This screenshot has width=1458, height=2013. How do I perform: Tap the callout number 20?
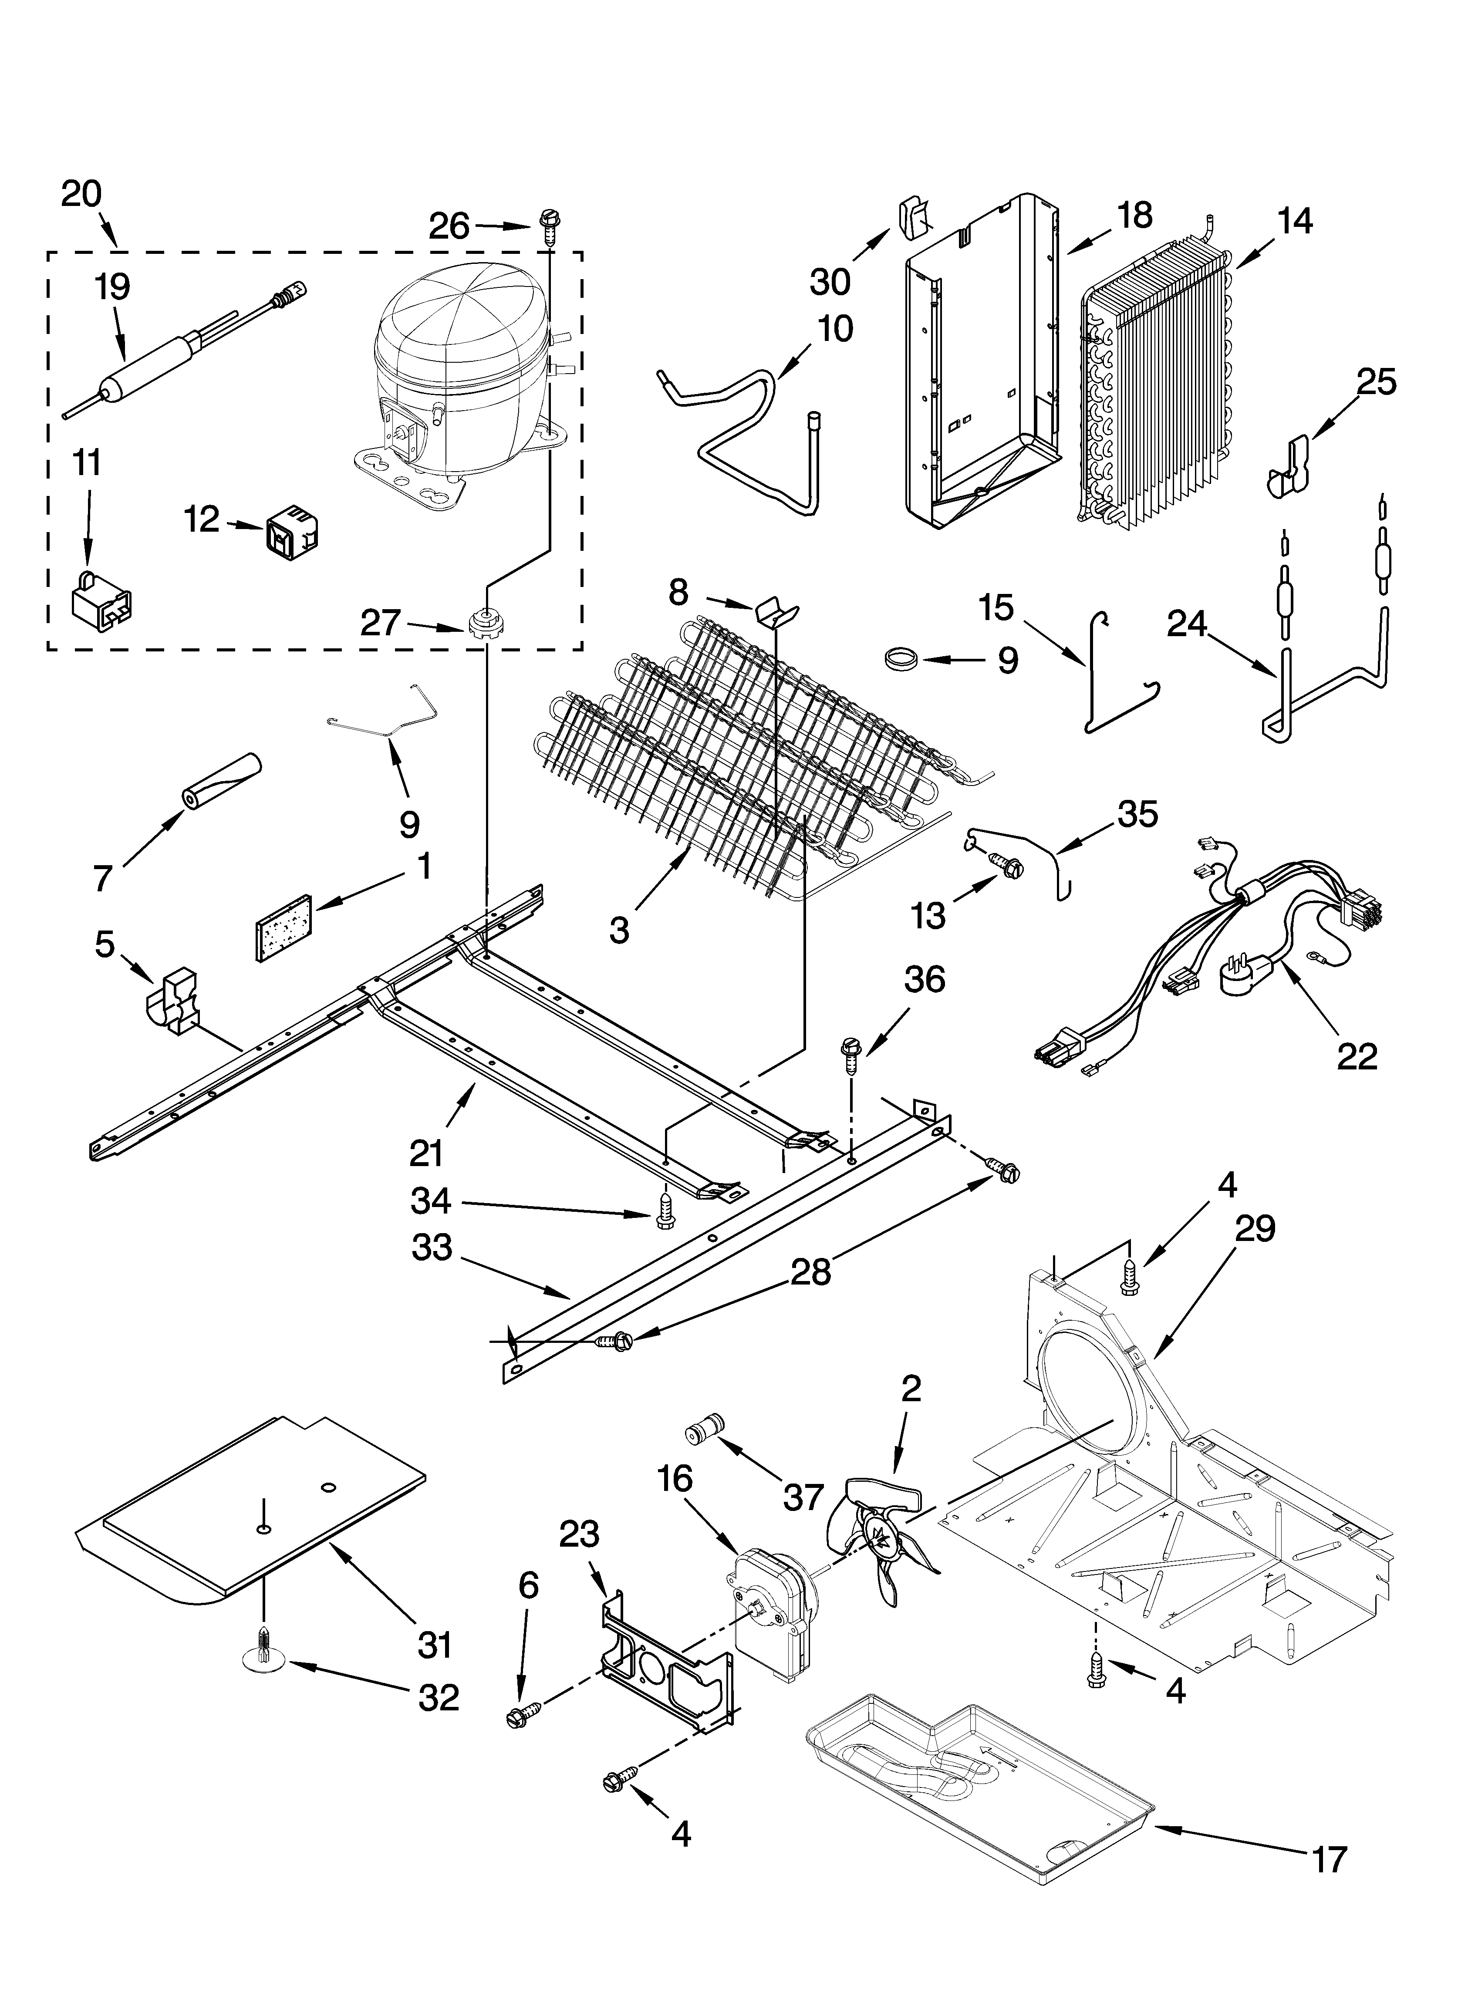pos(82,193)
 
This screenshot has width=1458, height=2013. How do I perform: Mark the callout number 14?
pos(1296,220)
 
